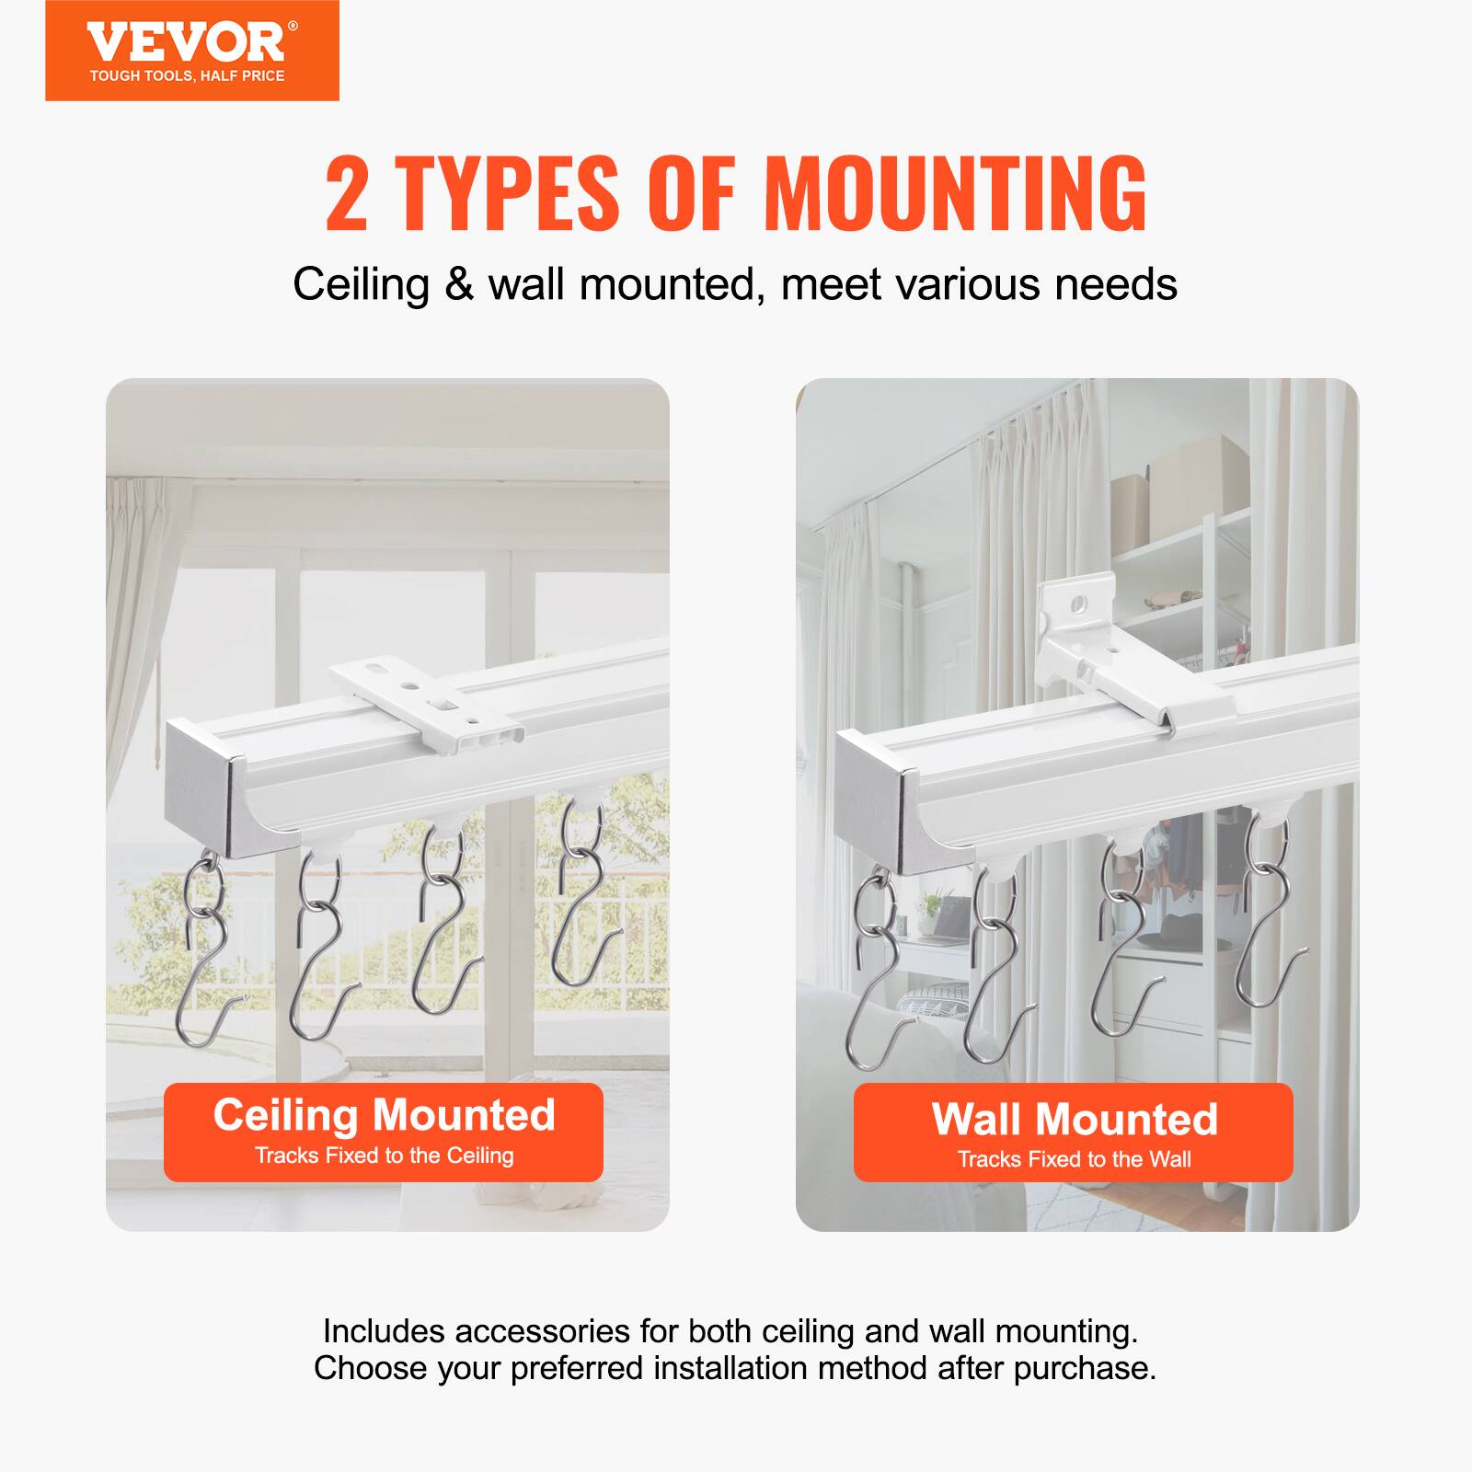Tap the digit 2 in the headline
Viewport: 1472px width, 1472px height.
(x=347, y=194)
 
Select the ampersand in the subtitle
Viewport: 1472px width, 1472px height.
(x=457, y=284)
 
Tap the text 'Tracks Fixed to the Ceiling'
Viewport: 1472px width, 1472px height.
(x=384, y=1156)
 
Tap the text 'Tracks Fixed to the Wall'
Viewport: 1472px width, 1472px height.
(x=1073, y=1159)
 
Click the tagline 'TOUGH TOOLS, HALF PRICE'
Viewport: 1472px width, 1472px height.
(x=187, y=76)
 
